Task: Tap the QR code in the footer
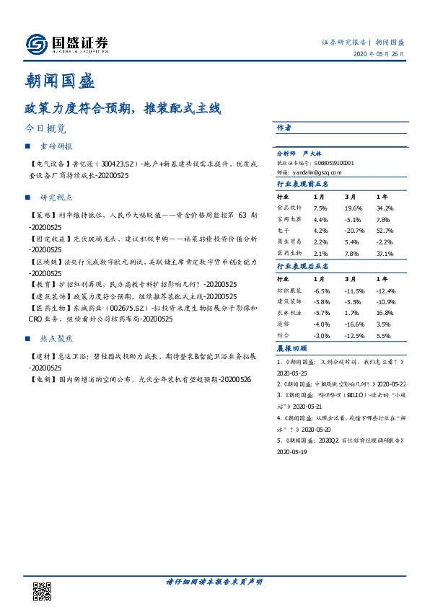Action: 43,590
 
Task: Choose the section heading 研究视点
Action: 56,197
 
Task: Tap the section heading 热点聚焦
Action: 56,337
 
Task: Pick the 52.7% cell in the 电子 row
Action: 385,230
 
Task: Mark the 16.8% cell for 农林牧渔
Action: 384,313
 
